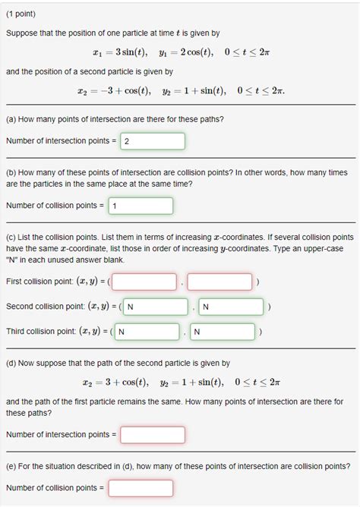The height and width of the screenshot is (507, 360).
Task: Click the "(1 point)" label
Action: point(21,14)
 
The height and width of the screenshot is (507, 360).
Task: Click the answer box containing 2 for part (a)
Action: point(152,141)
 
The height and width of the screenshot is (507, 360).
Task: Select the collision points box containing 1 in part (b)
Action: point(141,206)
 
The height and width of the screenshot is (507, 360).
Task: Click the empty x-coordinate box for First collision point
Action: point(147,282)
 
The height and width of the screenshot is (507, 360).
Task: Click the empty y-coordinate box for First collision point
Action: point(219,282)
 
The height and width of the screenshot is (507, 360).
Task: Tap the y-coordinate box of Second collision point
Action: point(232,307)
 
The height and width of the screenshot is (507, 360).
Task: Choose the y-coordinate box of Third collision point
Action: point(222,332)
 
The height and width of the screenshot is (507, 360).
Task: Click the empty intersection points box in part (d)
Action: point(152,435)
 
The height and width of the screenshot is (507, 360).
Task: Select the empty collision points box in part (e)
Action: point(141,487)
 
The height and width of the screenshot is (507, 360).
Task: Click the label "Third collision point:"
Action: point(40,332)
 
